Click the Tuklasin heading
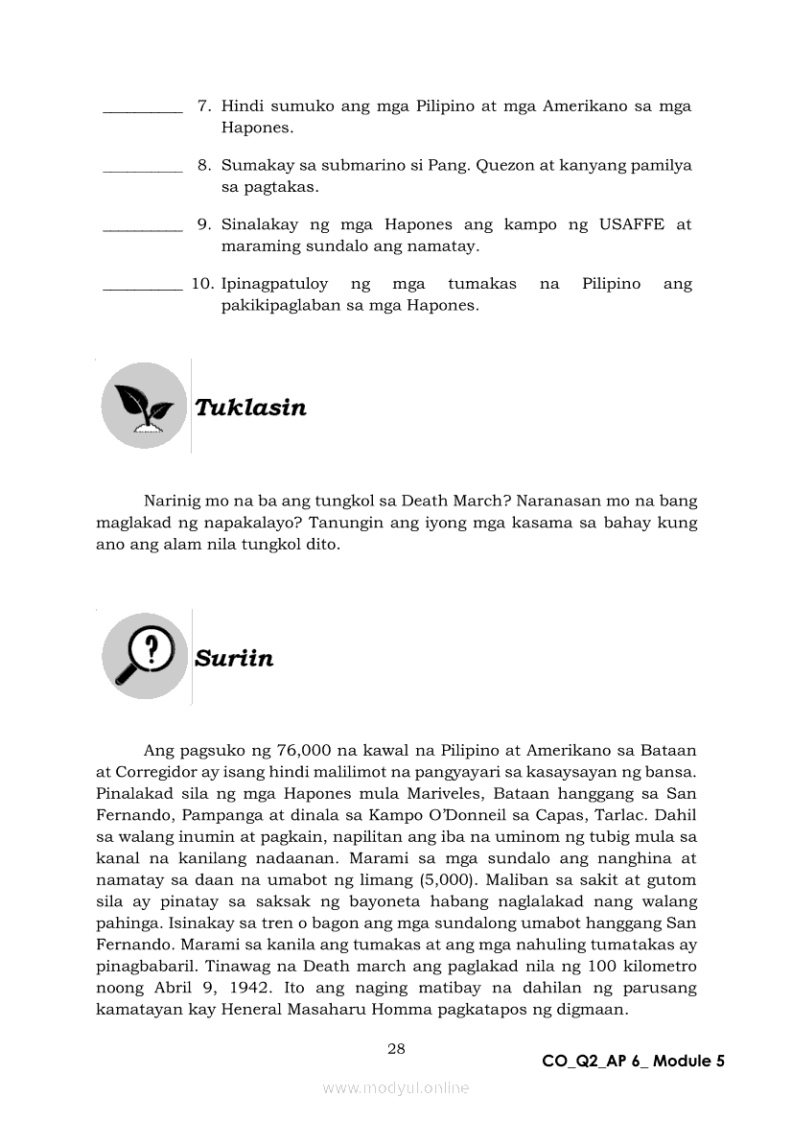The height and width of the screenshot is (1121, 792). coord(250,408)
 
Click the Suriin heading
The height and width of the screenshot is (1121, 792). coord(234,659)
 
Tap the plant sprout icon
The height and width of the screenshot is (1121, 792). coord(144,406)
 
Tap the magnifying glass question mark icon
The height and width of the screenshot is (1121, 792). coord(144,656)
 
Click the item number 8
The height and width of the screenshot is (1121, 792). coord(204,165)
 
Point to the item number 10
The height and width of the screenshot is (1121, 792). coord(201,284)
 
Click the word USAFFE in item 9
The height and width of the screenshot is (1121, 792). coord(631,224)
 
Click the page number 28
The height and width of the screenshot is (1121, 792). coord(396,1048)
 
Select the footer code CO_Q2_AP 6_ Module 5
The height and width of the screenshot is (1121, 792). coord(633,1061)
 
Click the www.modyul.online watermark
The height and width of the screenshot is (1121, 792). coord(396,1087)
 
